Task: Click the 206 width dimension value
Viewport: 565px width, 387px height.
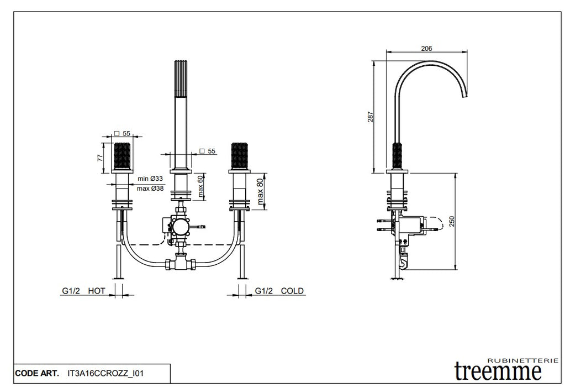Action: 426,49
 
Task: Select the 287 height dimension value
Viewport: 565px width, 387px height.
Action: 371,117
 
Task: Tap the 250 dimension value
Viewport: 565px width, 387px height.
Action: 452,221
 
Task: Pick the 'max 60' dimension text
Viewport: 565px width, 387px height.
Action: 202,186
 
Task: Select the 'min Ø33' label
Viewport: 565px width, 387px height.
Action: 150,179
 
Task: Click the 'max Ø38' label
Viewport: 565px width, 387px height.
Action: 151,188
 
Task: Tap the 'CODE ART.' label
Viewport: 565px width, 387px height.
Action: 36,374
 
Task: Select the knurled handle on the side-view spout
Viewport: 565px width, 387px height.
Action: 397,157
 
